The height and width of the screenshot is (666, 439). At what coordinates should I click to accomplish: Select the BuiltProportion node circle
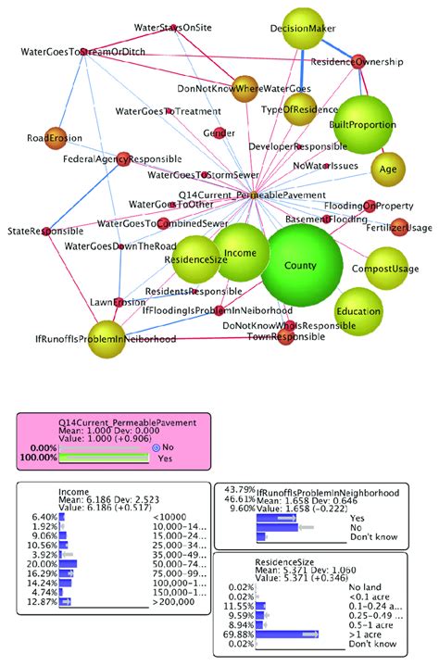click(x=363, y=124)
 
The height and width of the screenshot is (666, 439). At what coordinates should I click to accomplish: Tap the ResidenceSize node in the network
click(x=195, y=259)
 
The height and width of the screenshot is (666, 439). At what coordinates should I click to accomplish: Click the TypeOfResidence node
click(x=299, y=109)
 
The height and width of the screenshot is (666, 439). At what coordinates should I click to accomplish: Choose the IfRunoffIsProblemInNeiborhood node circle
click(x=107, y=338)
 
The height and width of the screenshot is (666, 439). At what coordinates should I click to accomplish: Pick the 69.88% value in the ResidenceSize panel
click(x=236, y=634)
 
